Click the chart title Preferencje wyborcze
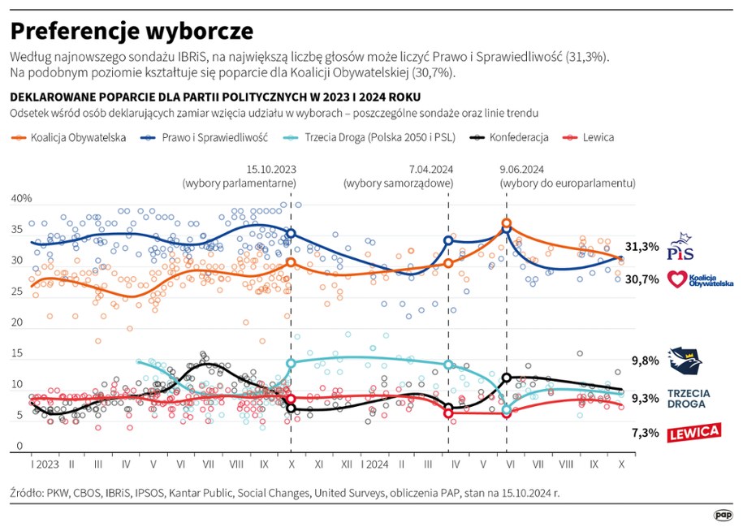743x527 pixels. (132, 30)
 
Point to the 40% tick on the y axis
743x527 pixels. (21, 199)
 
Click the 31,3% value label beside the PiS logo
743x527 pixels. (641, 247)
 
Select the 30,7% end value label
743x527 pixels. (641, 279)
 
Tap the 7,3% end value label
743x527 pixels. (645, 433)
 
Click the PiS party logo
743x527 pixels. (680, 246)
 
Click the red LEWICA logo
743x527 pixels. (693, 432)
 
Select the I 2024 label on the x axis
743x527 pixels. (373, 464)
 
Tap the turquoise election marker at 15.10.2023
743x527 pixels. (291, 363)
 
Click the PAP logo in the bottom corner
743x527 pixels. (723, 514)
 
